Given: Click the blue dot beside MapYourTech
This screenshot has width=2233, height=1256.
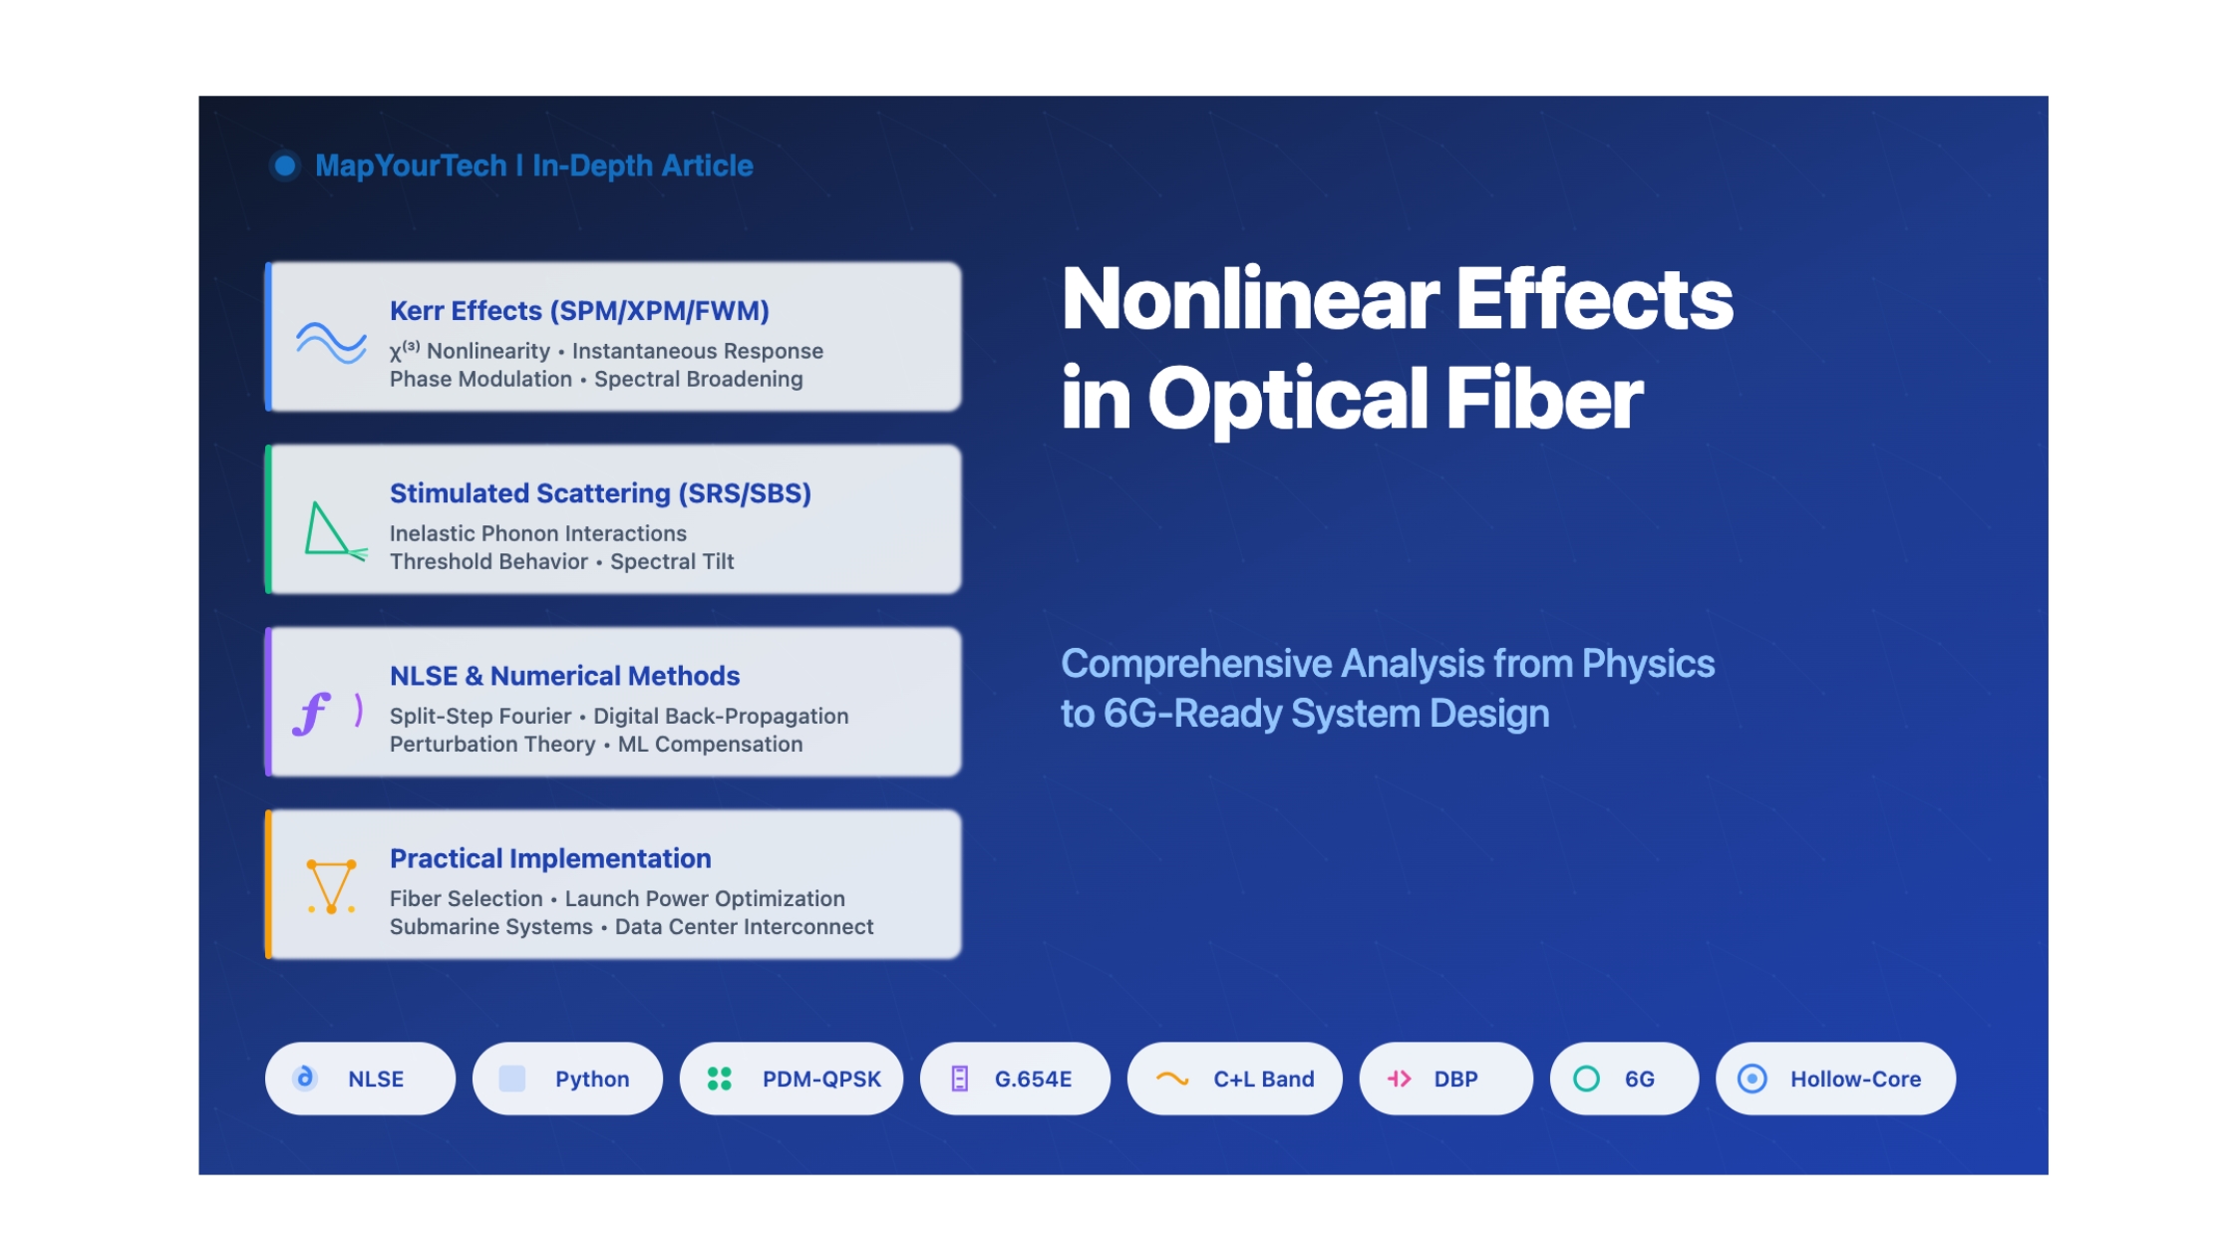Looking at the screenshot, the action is [x=285, y=165].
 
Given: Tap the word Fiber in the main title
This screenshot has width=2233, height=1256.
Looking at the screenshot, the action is [x=1544, y=398].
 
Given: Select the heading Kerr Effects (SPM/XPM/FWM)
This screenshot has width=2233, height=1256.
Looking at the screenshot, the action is [x=579, y=310].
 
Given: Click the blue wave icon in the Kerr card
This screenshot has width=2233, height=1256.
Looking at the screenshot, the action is [x=331, y=342].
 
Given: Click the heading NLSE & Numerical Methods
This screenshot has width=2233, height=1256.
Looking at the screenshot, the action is [x=564, y=675].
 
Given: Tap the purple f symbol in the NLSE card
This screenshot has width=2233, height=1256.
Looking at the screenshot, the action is [x=312, y=714].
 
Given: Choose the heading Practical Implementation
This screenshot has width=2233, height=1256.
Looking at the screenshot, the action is [x=550, y=858].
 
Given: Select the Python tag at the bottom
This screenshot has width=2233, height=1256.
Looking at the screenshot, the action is [x=567, y=1079].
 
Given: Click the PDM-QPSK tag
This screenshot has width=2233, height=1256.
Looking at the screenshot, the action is [x=792, y=1079].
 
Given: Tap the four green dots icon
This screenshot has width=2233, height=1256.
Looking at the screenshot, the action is [x=719, y=1079].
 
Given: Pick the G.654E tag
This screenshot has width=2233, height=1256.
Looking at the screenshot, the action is [x=1015, y=1079].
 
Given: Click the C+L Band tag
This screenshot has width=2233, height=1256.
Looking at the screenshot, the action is [x=1235, y=1079].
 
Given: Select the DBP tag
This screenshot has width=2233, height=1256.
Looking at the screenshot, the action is [x=1446, y=1079].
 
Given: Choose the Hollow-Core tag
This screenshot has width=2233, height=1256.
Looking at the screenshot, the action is [x=1835, y=1079].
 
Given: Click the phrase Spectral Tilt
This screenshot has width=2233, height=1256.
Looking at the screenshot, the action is [x=672, y=561].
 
